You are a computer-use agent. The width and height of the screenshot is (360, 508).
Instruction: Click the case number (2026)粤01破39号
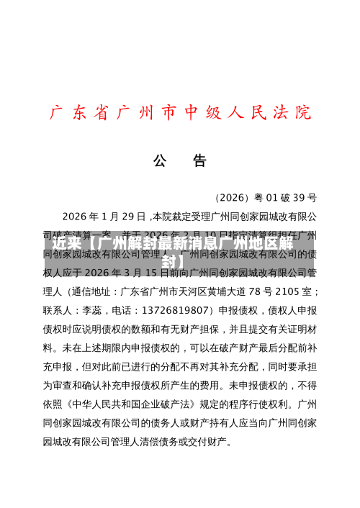pyautogui.click(x=266, y=197)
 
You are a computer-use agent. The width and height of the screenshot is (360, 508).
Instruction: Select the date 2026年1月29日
pyautogui.click(x=104, y=216)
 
